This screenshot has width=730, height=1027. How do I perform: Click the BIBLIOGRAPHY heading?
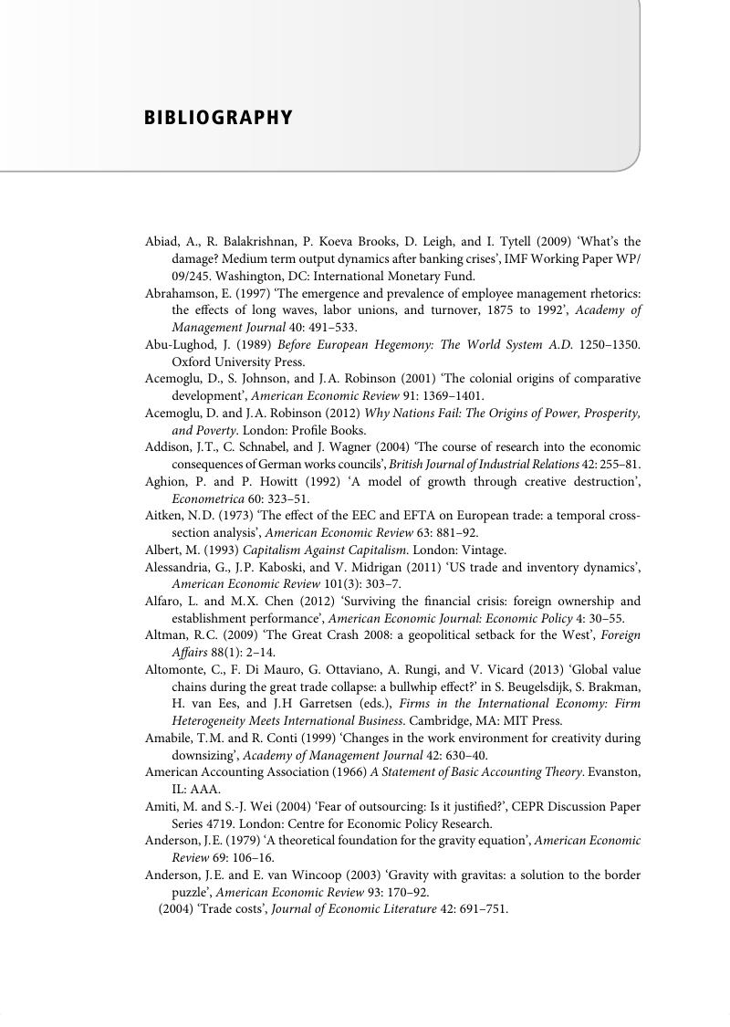218,118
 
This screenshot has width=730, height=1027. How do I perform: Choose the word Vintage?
485,550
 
